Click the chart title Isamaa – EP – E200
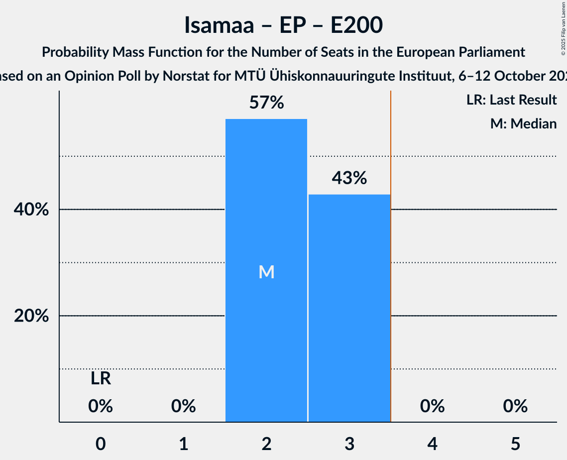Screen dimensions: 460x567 click(x=283, y=25)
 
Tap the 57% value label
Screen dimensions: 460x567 click(x=266, y=103)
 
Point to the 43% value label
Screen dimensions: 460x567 click(x=349, y=178)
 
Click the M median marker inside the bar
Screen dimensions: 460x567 click(x=266, y=272)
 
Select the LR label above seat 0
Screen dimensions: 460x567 click(x=101, y=379)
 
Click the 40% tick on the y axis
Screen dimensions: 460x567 click(x=31, y=210)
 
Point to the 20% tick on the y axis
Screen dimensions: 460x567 click(x=31, y=316)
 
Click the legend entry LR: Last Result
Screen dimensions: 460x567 click(x=511, y=100)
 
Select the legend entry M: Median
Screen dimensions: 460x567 click(x=523, y=123)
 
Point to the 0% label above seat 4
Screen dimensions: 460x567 click(x=432, y=407)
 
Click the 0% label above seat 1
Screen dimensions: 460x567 click(x=183, y=407)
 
